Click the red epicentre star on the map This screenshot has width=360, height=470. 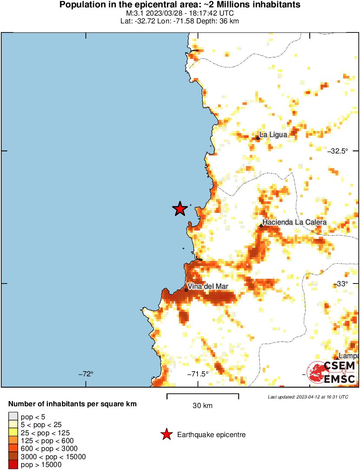(180, 209)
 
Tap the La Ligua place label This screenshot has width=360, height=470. (273, 135)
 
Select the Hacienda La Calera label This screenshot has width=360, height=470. (295, 222)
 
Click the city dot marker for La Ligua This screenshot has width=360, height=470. (258, 138)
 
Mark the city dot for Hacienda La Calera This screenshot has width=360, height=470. (261, 226)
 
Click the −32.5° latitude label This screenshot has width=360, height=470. (338, 151)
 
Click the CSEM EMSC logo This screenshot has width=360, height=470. (331, 372)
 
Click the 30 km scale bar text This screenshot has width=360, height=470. (202, 406)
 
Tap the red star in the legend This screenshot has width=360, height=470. (166, 434)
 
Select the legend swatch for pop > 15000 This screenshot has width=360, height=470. (13, 465)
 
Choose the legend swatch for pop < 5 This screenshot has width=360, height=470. (13, 417)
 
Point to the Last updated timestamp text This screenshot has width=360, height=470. (308, 397)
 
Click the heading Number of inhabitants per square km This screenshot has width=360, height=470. (72, 404)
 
